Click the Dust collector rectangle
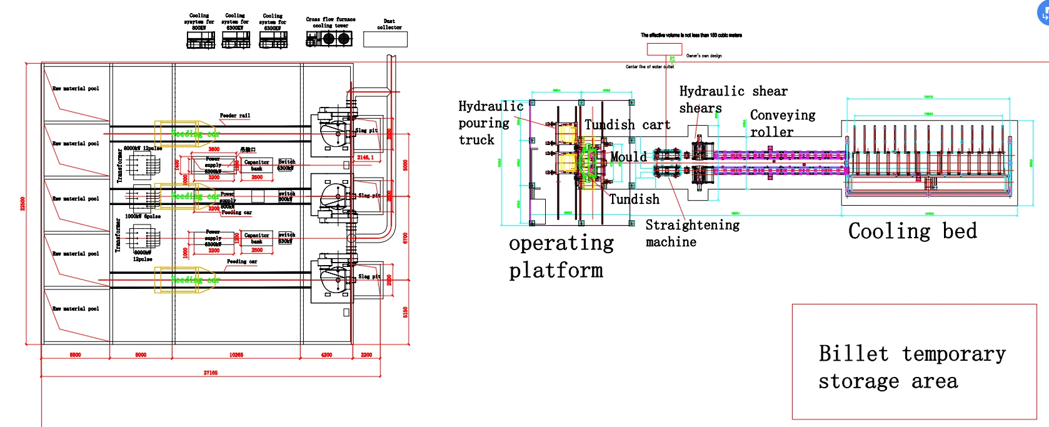coord(385,39)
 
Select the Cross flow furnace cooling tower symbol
coord(329,39)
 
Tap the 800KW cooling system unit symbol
coord(201,40)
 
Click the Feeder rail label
coord(234,116)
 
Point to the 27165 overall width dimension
coord(211,373)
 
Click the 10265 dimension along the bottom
coord(236,354)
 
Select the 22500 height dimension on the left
coord(23,204)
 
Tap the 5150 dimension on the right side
coord(405,311)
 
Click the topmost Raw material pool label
coord(76,89)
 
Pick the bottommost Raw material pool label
coord(76,309)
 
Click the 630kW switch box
coord(285,238)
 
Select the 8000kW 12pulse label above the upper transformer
coord(143,148)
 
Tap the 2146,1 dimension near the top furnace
coord(366,158)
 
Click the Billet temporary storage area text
coord(911,367)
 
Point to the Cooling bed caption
coord(912,231)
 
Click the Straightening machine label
coord(691,233)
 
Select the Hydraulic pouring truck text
coord(489,123)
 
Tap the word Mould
coord(628,157)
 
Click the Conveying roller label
coord(781,123)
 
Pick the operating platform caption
coord(561,256)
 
